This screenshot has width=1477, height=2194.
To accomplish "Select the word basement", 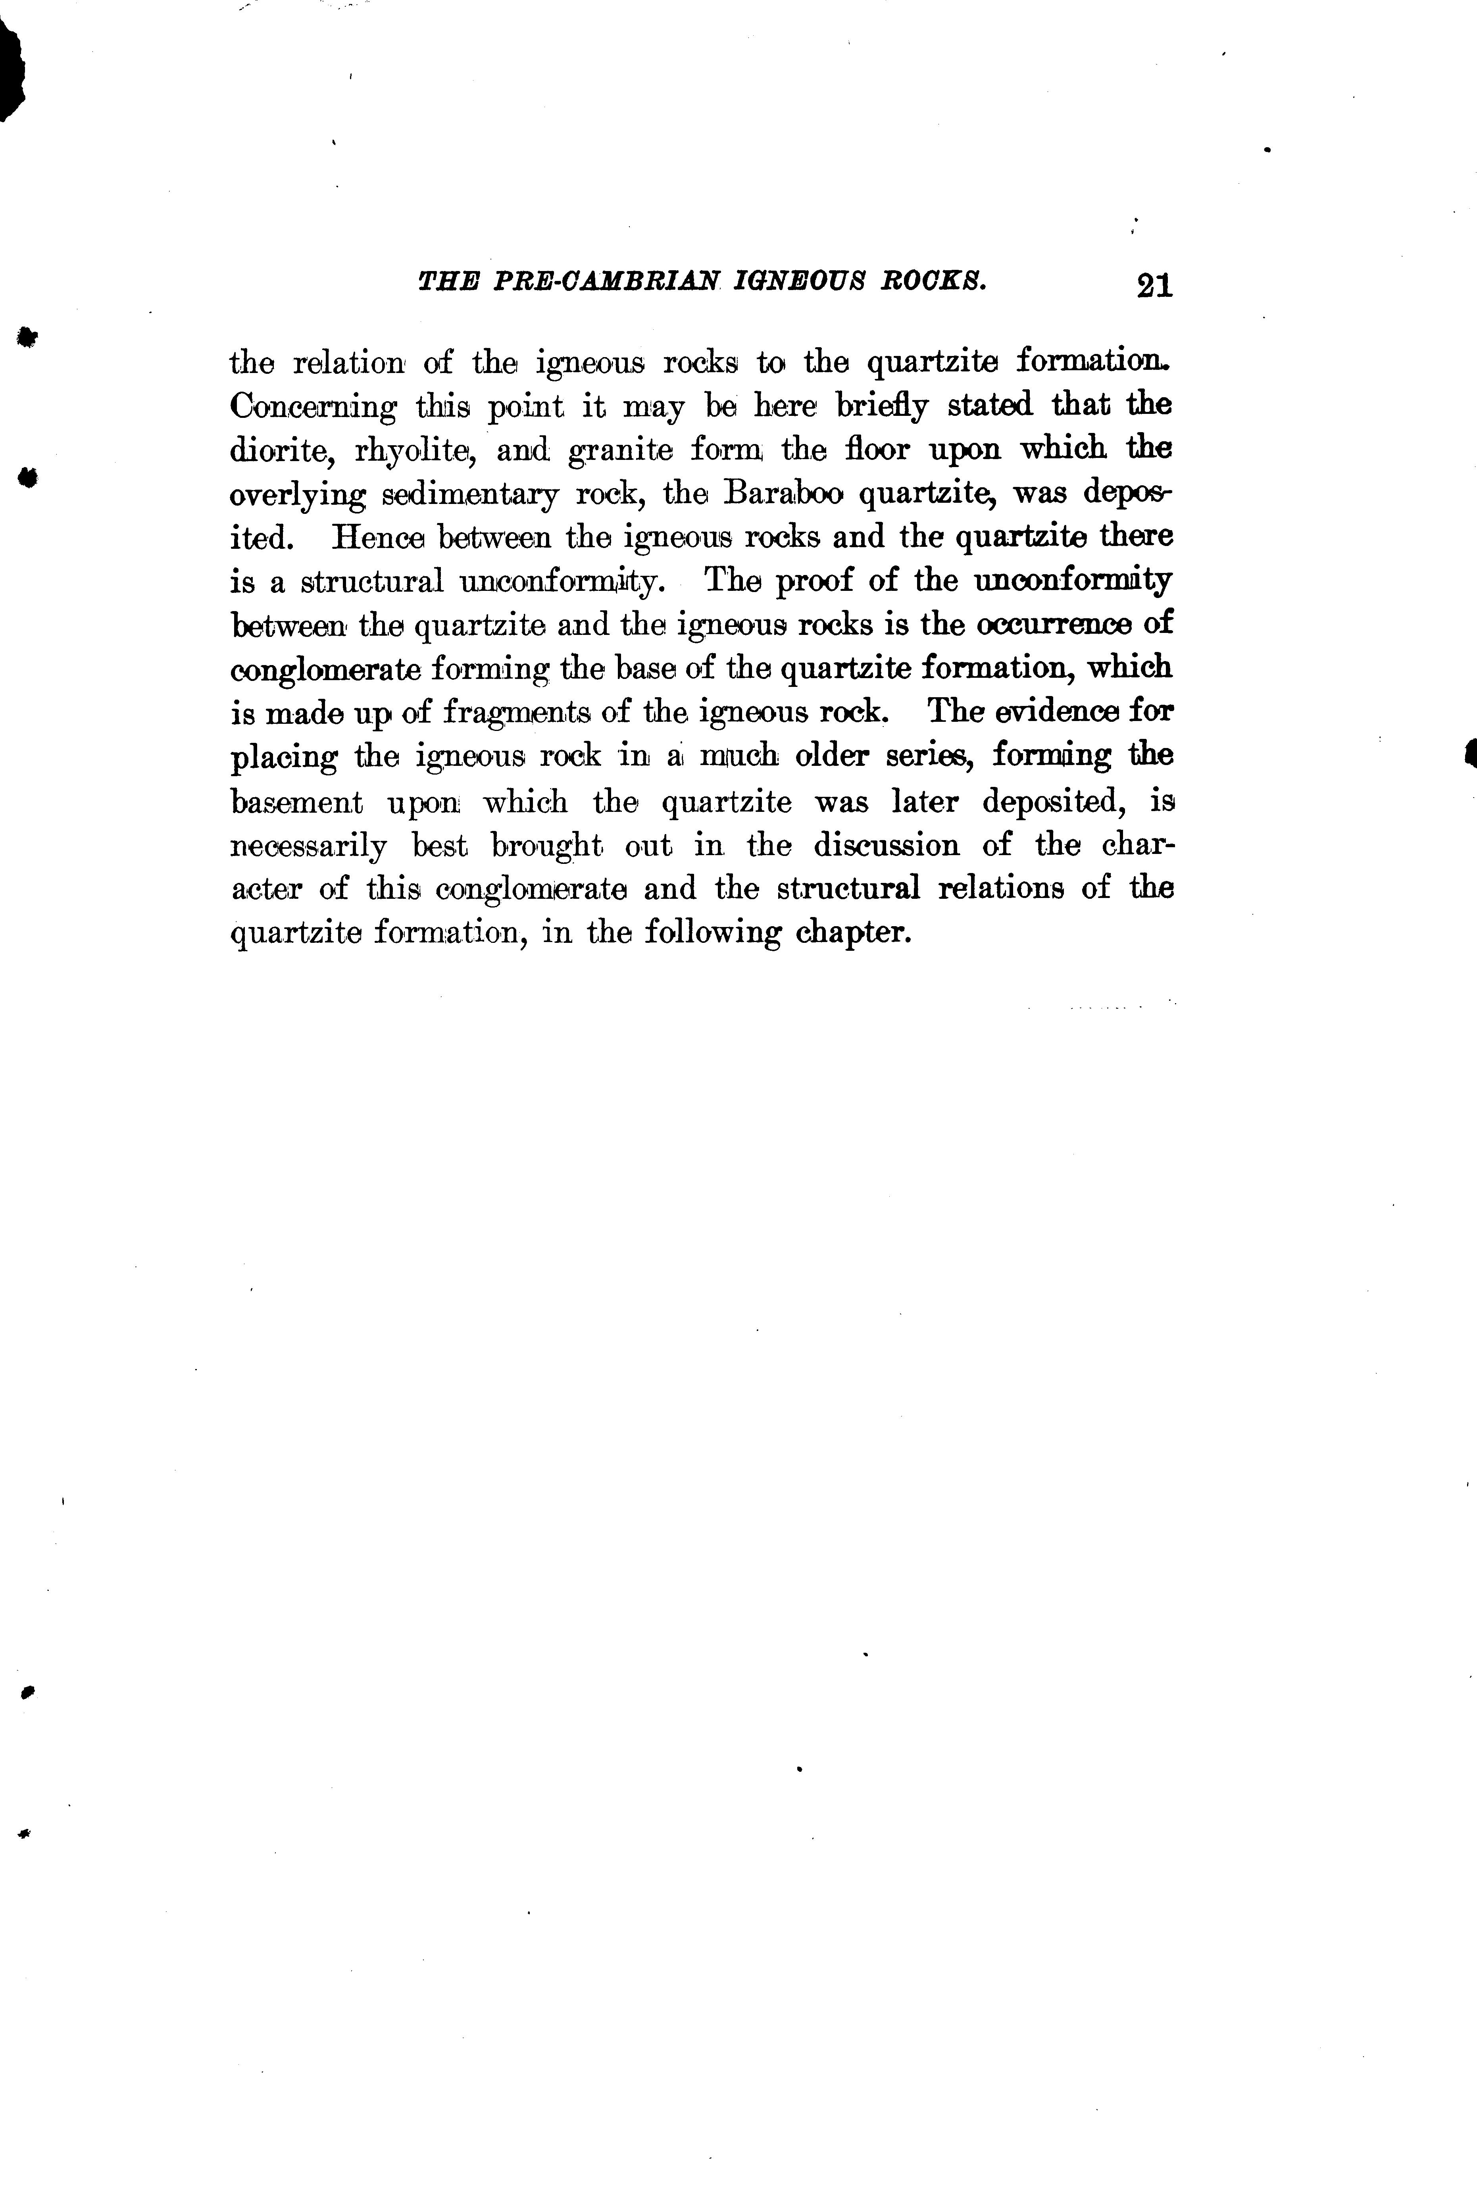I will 296,803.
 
